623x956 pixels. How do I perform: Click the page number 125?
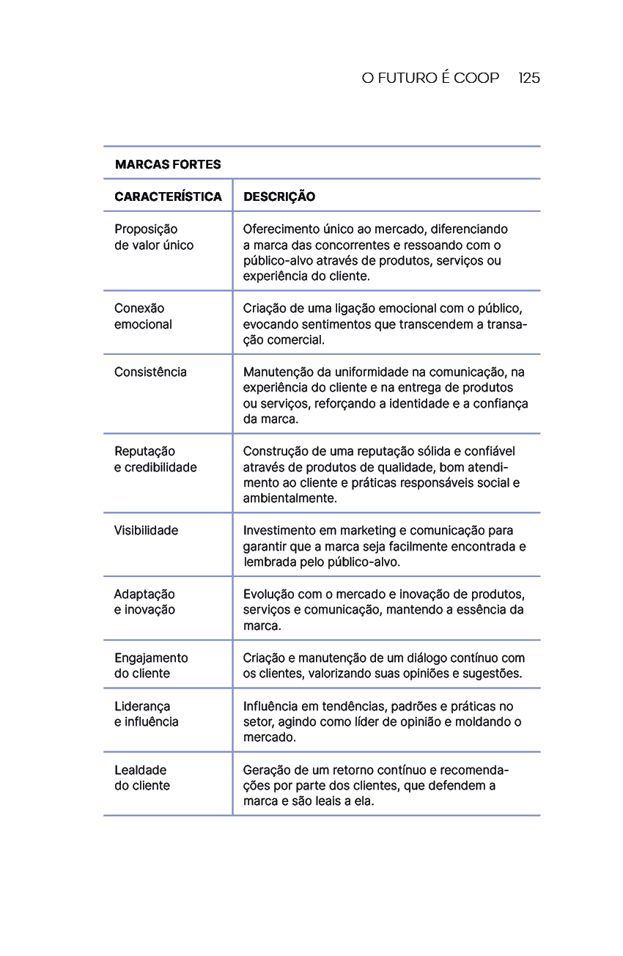(528, 78)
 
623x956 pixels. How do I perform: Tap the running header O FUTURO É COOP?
(430, 78)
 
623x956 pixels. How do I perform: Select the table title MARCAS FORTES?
(168, 164)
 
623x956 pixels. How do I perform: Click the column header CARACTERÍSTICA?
(168, 196)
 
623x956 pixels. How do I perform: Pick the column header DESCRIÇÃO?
(279, 196)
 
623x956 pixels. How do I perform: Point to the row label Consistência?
(150, 372)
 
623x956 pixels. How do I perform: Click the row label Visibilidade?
(146, 530)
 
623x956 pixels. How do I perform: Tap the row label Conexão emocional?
(143, 316)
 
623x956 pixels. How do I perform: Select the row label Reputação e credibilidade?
(155, 459)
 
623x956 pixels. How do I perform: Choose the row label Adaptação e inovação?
(144, 602)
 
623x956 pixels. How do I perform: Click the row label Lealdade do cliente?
(142, 778)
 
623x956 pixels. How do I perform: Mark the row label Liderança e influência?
(147, 714)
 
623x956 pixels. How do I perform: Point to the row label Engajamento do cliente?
(151, 666)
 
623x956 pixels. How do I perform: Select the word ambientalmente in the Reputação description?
(290, 499)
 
